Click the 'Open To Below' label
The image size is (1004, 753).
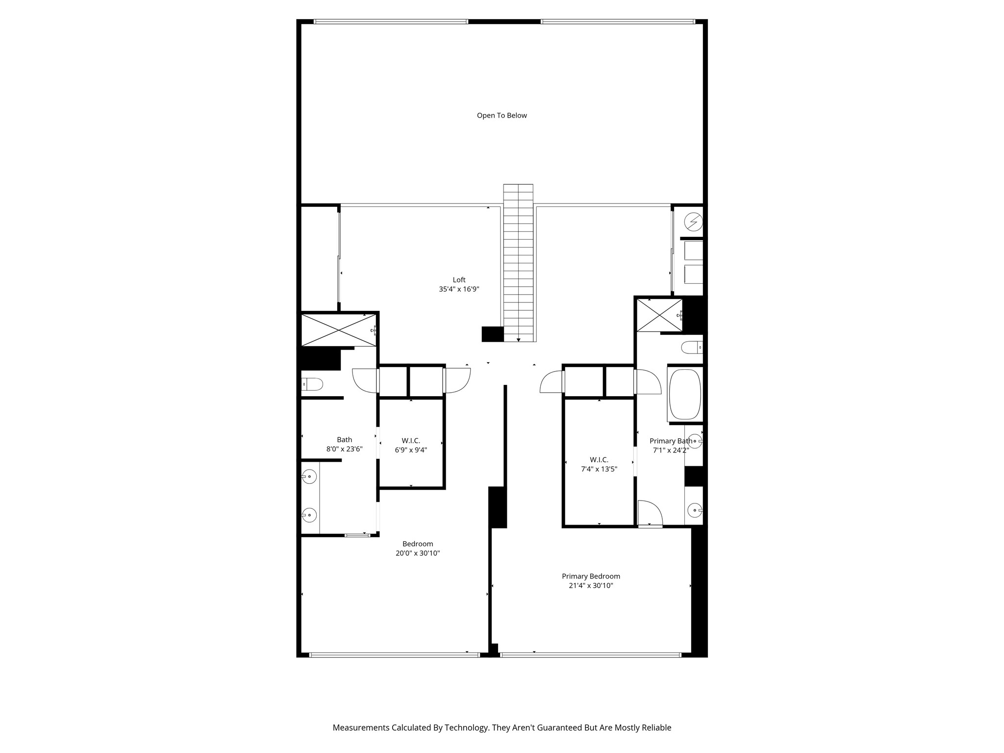[502, 116]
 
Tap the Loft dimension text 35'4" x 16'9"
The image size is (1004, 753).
[459, 289]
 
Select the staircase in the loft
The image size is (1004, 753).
[518, 262]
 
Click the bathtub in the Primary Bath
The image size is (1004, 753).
[685, 395]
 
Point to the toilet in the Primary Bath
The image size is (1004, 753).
[692, 348]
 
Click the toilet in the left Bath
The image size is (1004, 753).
[312, 384]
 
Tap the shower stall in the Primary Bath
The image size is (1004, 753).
[659, 315]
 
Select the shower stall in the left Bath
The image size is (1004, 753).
[338, 330]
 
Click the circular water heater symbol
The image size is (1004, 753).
[693, 222]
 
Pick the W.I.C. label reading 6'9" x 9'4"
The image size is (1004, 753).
[411, 450]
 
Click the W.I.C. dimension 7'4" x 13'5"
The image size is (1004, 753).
[599, 469]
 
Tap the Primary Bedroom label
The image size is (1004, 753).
[591, 577]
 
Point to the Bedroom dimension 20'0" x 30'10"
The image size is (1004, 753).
[418, 553]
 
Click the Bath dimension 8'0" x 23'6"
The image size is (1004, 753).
[344, 449]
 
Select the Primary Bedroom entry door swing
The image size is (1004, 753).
[551, 382]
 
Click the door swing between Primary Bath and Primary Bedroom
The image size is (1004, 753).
[650, 513]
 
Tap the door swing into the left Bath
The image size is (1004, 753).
[364, 380]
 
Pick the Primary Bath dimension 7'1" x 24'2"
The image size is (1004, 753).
[671, 450]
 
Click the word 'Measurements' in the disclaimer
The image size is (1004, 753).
[361, 728]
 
